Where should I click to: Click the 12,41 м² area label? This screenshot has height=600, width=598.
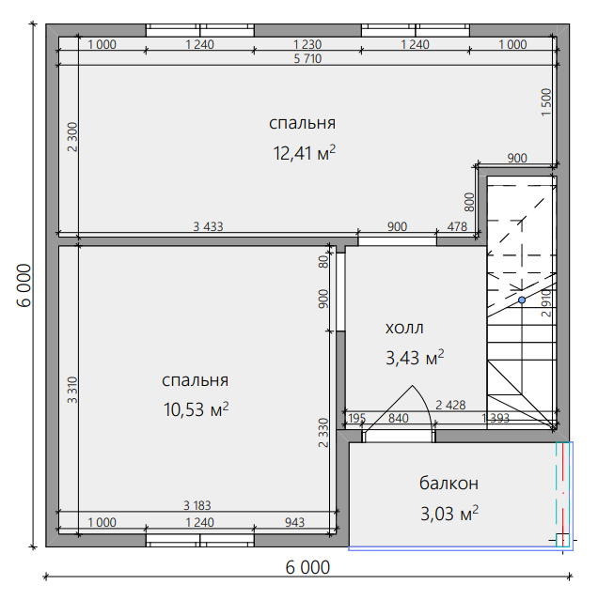pyautogui.click(x=305, y=153)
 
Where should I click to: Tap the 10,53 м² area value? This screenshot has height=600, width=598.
pyautogui.click(x=197, y=409)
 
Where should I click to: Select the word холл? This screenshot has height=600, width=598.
pyautogui.click(x=404, y=329)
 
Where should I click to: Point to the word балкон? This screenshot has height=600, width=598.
pyautogui.click(x=448, y=483)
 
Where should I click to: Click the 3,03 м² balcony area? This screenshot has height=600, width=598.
pyautogui.click(x=449, y=514)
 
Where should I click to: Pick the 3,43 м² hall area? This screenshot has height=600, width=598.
pyautogui.click(x=415, y=358)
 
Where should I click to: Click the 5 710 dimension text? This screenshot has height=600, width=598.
pyautogui.click(x=307, y=58)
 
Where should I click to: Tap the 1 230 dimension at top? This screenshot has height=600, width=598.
pyautogui.click(x=307, y=44)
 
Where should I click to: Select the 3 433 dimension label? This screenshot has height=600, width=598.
pyautogui.click(x=208, y=226)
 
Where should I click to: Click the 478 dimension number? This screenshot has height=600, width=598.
pyautogui.click(x=457, y=226)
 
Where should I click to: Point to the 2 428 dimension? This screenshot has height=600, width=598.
pyautogui.click(x=450, y=405)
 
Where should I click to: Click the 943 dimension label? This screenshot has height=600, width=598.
pyautogui.click(x=294, y=522)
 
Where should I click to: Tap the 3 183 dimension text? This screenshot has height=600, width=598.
pyautogui.click(x=197, y=505)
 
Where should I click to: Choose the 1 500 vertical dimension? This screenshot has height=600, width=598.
pyautogui.click(x=546, y=102)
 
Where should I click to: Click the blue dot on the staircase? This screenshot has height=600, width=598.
pyautogui.click(x=522, y=300)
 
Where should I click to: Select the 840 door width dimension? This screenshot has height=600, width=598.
pyautogui.click(x=399, y=418)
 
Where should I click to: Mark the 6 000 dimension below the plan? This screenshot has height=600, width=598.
pyautogui.click(x=307, y=567)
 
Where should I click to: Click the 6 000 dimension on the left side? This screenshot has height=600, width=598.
pyautogui.click(x=24, y=285)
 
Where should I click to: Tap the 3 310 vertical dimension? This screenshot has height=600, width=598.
pyautogui.click(x=72, y=390)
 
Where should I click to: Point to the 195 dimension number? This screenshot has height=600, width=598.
pyautogui.click(x=356, y=418)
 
